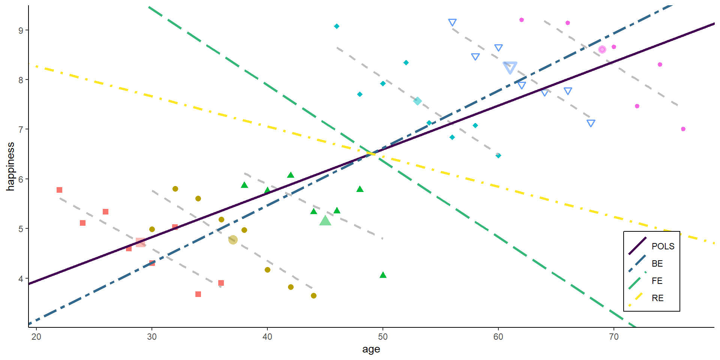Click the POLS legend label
pos(663,246)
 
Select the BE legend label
pos(657,264)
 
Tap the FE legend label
pos(657,281)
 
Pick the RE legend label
pos(657,298)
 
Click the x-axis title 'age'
pos(371,349)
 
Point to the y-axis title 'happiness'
pos(10,166)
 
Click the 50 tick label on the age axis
pos(382,337)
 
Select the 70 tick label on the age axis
pos(613,337)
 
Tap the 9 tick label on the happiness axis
pos(21,30)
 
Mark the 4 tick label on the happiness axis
pos(21,279)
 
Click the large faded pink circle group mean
pos(602,49)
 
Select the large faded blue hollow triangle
pos(510,67)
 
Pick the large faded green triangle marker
pos(325,221)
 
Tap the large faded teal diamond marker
pos(417,101)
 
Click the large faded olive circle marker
pos(233,240)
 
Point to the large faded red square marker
pos(140,242)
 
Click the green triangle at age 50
pos(383,275)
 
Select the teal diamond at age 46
pos(337,26)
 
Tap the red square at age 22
pos(59,190)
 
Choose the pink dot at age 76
pos(683,129)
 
